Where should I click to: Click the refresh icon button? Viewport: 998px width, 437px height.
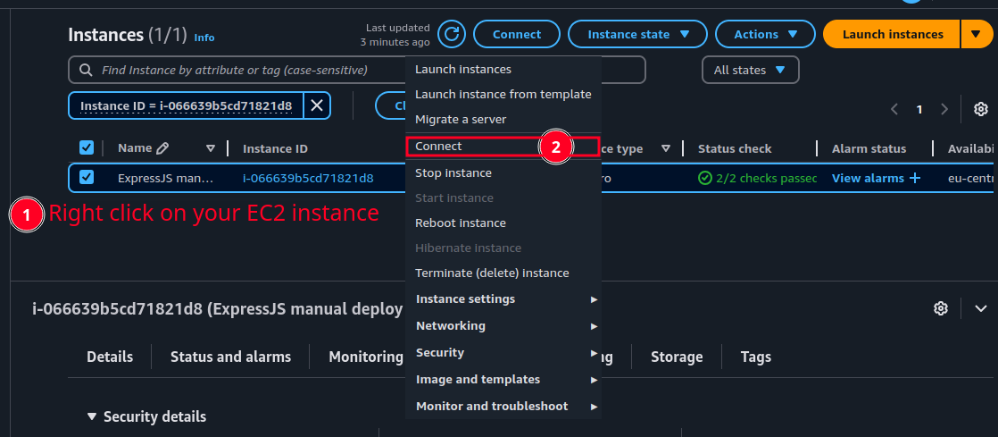click(x=453, y=34)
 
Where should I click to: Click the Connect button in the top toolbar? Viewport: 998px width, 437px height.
click(x=516, y=34)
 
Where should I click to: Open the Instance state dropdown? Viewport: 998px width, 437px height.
click(x=638, y=34)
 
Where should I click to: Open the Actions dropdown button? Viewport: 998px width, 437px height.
click(x=765, y=34)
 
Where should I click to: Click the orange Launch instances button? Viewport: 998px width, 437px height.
click(x=892, y=34)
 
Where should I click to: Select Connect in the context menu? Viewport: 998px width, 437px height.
click(x=438, y=147)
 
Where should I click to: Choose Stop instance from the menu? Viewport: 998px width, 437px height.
click(x=453, y=172)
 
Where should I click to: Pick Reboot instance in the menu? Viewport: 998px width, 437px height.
click(x=461, y=223)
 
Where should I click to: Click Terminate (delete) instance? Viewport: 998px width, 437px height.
click(x=492, y=273)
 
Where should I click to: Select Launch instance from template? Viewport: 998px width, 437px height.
click(x=503, y=94)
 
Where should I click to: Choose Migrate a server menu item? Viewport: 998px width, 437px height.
click(x=461, y=119)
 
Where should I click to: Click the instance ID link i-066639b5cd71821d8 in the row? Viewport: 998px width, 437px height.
click(x=308, y=178)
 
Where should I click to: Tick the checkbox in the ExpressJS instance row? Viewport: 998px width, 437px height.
click(x=87, y=177)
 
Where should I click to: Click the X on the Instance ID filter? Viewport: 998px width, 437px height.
click(x=317, y=105)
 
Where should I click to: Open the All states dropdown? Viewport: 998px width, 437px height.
click(x=750, y=70)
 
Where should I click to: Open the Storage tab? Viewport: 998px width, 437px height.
click(x=677, y=357)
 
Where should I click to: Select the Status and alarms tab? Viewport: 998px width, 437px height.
click(x=230, y=357)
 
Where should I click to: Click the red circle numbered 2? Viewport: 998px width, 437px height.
click(x=556, y=147)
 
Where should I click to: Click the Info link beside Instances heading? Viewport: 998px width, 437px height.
click(x=204, y=38)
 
